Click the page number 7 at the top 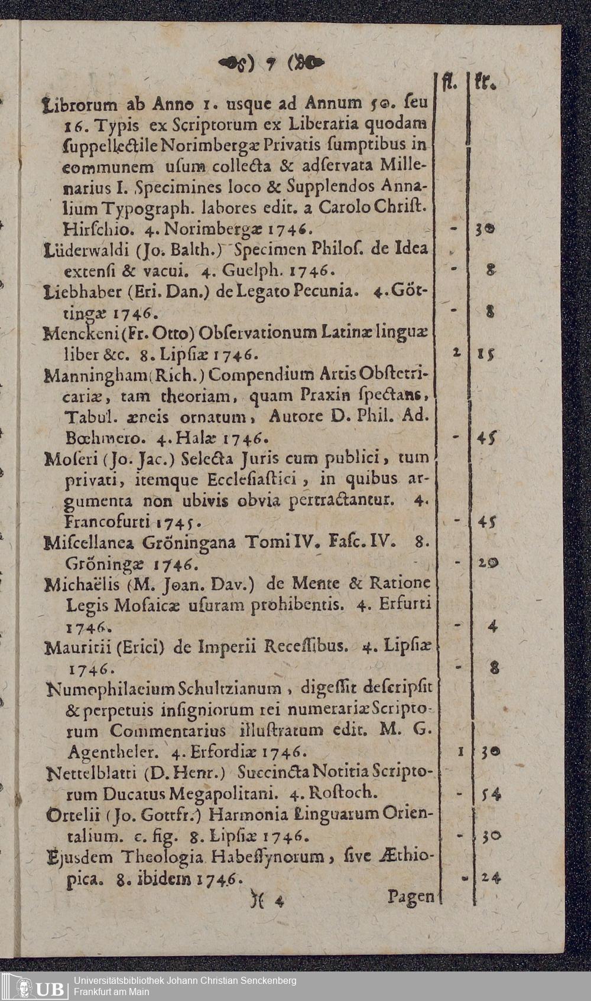[273, 63]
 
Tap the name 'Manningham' [83, 376]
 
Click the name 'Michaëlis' [83, 585]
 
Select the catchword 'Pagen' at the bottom [411, 896]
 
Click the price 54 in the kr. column [491, 794]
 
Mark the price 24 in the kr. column [491, 878]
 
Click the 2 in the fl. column [457, 353]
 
